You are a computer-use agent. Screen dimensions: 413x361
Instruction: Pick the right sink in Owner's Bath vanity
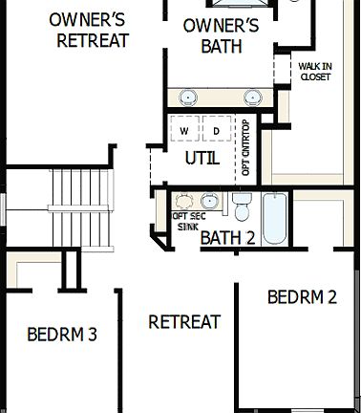click(253, 97)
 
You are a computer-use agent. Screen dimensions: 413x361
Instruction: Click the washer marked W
click(185, 130)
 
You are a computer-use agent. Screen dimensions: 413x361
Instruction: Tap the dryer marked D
click(216, 130)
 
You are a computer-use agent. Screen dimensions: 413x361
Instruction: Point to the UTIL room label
click(202, 158)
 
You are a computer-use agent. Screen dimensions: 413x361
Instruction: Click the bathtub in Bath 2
click(274, 219)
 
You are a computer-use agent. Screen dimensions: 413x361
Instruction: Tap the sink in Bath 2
click(208, 202)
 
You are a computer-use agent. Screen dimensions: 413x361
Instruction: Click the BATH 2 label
click(227, 238)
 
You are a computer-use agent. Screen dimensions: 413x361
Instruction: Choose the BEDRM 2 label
click(302, 296)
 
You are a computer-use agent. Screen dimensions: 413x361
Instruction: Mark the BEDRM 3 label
click(62, 335)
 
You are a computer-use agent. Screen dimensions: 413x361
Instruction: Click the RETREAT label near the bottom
click(184, 322)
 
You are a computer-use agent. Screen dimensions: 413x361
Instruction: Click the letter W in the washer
click(185, 130)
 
